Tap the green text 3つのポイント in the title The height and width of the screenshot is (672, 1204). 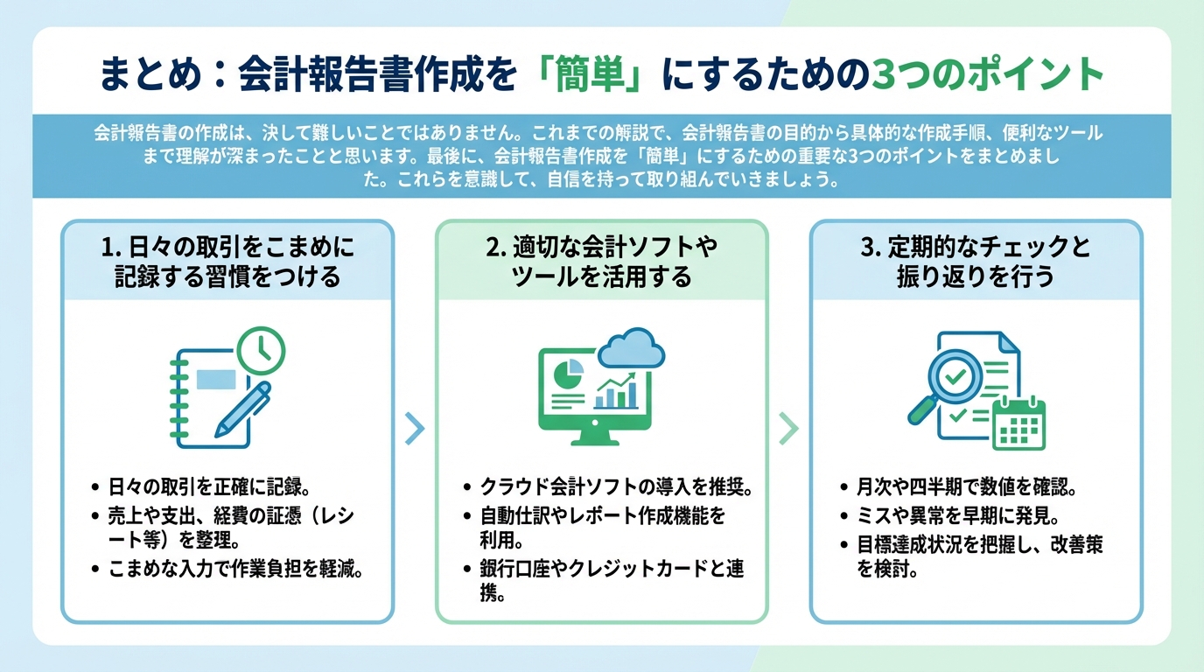click(x=990, y=74)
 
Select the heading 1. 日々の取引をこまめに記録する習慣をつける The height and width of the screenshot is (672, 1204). click(x=227, y=262)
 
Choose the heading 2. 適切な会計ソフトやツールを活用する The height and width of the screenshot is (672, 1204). click(x=601, y=262)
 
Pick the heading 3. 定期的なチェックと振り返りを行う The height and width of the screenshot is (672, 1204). click(x=976, y=262)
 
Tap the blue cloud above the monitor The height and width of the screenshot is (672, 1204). click(x=632, y=351)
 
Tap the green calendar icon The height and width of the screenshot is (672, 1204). click(x=1020, y=423)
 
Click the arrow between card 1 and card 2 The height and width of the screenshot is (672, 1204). click(x=415, y=427)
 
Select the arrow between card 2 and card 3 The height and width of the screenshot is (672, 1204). click(x=788, y=427)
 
